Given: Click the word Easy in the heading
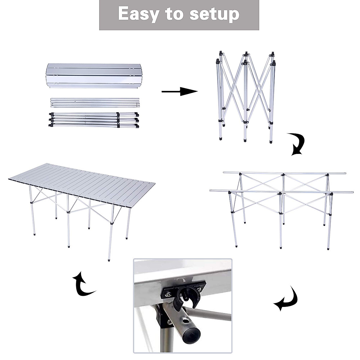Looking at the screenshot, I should coord(138,14).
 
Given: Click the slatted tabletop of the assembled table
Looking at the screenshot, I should coord(81,183).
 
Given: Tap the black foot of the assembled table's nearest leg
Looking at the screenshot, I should coord(107,260).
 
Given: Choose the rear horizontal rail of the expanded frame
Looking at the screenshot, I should coord(284,173).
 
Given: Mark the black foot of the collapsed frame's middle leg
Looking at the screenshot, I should coord(245,140).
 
